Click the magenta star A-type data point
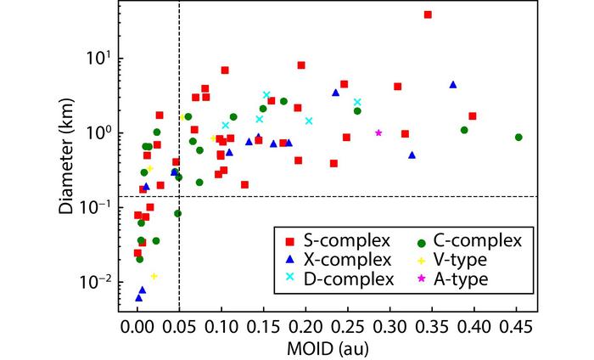coord(378,132)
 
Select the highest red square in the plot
coord(428,14)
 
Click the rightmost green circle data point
coord(518,137)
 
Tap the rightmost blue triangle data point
coord(453,85)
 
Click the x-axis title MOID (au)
coord(327,347)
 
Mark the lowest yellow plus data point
coord(154,276)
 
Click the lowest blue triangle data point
coord(138,298)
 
